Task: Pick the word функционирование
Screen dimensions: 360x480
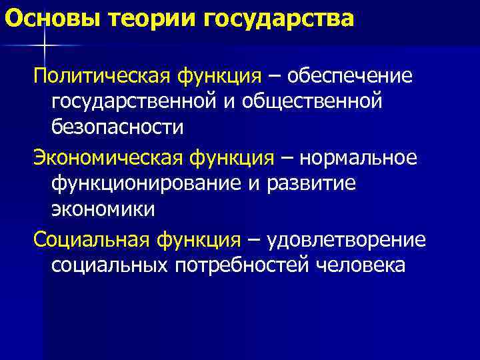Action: [x=141, y=183]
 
